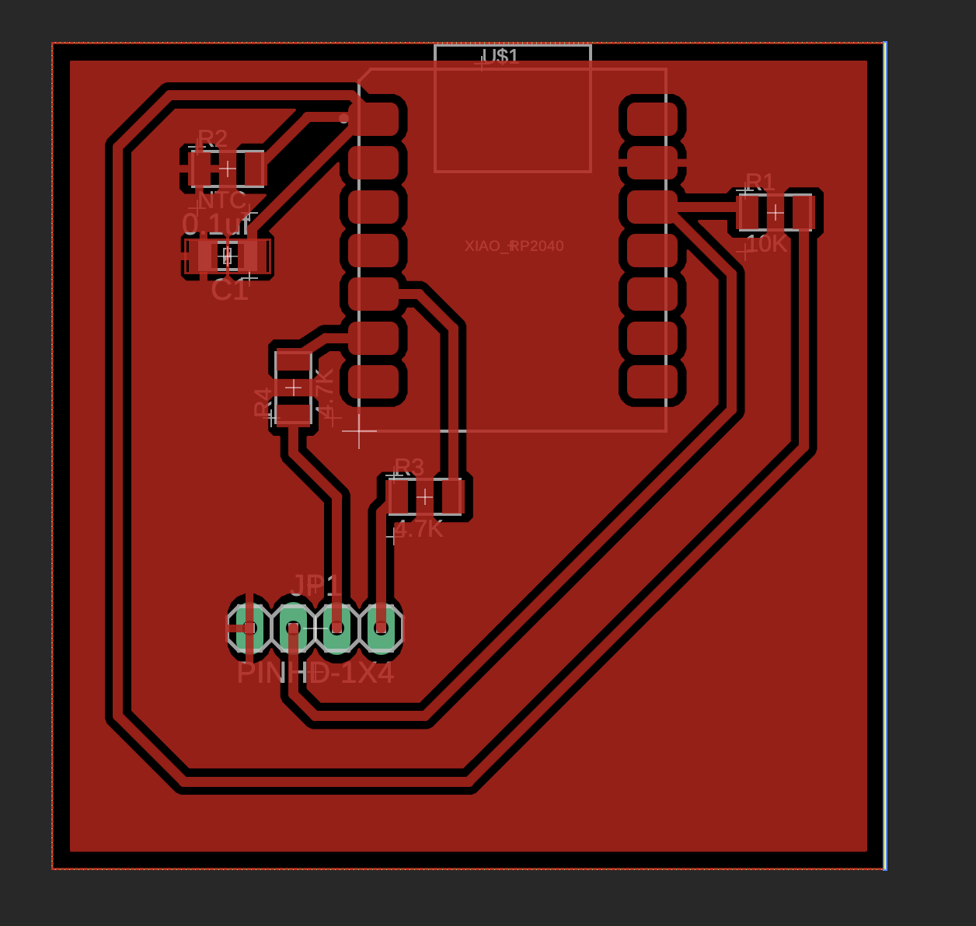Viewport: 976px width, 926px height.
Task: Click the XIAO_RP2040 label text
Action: point(514,246)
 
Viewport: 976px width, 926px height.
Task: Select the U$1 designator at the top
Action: point(500,56)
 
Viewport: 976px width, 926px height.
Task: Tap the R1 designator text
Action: point(760,183)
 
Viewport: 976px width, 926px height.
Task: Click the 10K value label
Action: point(767,244)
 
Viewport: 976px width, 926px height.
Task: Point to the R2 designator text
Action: point(212,139)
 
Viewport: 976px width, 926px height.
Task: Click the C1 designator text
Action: point(229,291)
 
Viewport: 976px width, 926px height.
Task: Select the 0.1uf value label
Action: point(216,225)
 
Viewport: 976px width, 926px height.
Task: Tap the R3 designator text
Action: point(409,467)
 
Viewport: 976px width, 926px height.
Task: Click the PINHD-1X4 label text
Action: point(315,673)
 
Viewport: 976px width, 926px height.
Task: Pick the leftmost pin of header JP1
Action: point(249,628)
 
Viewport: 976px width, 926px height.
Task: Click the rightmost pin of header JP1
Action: point(381,628)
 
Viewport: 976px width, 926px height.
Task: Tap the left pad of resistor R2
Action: point(202,169)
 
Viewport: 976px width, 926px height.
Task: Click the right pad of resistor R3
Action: point(449,497)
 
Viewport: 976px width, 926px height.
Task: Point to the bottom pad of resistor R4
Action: point(294,410)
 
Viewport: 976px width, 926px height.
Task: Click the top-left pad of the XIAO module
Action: point(374,119)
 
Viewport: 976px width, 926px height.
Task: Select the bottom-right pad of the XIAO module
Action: point(652,382)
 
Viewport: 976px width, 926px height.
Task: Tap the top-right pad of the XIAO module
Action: point(652,119)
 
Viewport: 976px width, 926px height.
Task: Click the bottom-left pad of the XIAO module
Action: point(374,382)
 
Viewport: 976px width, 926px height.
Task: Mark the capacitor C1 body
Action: point(228,256)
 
